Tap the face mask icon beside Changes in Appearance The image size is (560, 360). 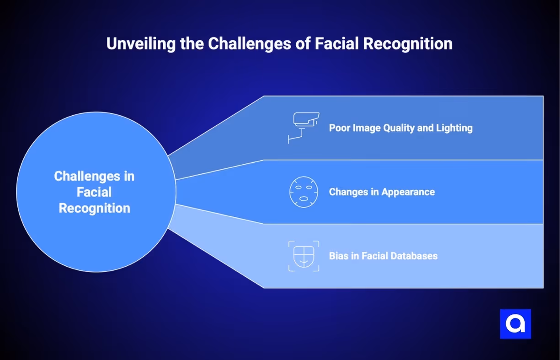tap(304, 192)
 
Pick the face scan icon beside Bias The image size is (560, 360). tap(304, 256)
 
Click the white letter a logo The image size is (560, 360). tap(515, 324)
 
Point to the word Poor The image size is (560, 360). tap(340, 128)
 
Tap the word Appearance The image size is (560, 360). tap(408, 192)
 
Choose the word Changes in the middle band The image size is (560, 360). tap(349, 192)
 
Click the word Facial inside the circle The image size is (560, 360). tap(94, 192)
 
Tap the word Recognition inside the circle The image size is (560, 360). tap(94, 208)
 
